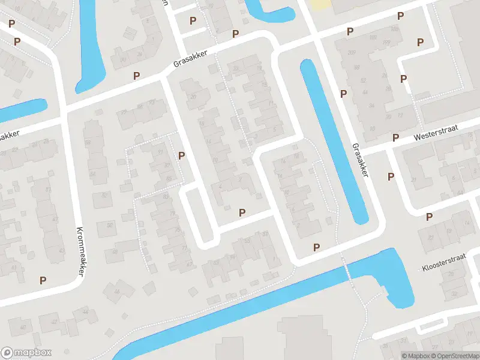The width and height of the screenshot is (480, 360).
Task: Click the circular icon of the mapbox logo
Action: point(8,353)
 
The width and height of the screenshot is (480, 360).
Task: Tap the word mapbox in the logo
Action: point(33,353)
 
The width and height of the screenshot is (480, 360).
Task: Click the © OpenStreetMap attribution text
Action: point(454,356)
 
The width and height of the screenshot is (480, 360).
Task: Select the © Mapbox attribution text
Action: point(415,356)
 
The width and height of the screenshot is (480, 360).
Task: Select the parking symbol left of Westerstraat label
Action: point(395,137)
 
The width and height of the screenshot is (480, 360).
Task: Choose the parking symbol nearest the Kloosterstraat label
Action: point(429,217)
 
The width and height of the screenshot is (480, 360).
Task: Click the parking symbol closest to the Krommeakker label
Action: point(43,280)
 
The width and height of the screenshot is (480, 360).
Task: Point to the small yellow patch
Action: point(320,4)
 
